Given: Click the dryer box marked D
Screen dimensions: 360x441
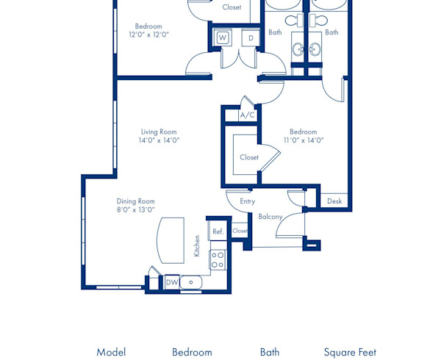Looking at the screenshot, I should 250,37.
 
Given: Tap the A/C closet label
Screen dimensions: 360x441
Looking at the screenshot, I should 248,115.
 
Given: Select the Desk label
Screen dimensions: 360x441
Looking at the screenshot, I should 334,201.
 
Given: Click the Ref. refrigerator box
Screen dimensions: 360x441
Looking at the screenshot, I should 218,231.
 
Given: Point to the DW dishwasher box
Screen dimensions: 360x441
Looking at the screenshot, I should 171,282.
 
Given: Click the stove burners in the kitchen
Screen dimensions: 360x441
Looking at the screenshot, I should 218,259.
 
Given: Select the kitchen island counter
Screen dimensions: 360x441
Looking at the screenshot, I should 170,239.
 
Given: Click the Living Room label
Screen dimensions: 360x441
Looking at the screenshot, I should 159,132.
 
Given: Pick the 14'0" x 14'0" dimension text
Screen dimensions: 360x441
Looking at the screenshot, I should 159,140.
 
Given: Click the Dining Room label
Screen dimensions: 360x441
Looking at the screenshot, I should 136,201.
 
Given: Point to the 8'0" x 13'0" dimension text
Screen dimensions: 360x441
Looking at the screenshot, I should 136,209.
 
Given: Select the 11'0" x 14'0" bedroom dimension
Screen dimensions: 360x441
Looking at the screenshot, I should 304,140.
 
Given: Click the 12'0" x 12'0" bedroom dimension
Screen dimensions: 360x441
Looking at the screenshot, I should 148,35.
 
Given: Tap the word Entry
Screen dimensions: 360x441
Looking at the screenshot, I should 247,201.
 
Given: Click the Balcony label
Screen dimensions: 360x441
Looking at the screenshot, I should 270,217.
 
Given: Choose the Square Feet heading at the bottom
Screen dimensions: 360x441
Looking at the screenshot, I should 350,352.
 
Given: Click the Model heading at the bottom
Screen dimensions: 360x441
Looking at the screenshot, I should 111,352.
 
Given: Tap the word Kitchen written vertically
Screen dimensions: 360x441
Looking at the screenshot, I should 197,245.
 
